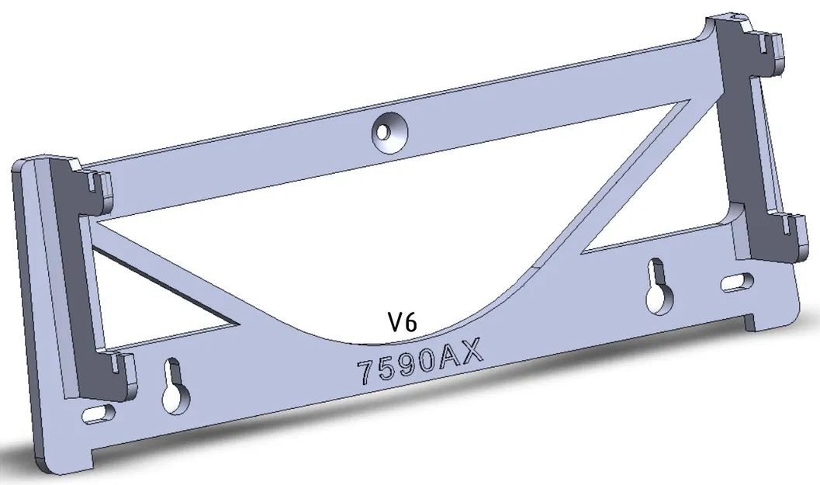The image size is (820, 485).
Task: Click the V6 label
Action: pyautogui.click(x=403, y=322)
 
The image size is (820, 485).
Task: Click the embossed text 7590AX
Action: pyautogui.click(x=420, y=362)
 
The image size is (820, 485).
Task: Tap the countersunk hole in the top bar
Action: pyautogui.click(x=389, y=130)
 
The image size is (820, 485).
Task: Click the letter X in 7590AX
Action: pyautogui.click(x=471, y=353)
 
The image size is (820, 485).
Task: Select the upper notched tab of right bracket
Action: pyautogui.click(x=768, y=47)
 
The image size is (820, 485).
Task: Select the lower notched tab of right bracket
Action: pyautogui.click(x=787, y=233)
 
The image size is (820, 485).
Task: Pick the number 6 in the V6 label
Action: pyautogui.click(x=411, y=322)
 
